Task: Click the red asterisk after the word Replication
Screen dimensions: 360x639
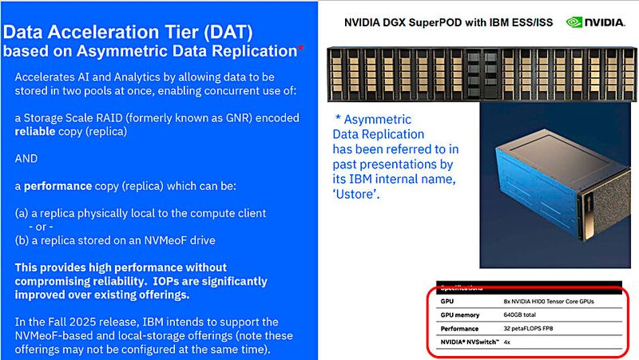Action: (300, 49)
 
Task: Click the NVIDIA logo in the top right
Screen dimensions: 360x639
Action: (596, 22)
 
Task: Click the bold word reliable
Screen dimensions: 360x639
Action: (38, 131)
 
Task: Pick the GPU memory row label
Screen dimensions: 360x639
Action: (462, 315)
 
